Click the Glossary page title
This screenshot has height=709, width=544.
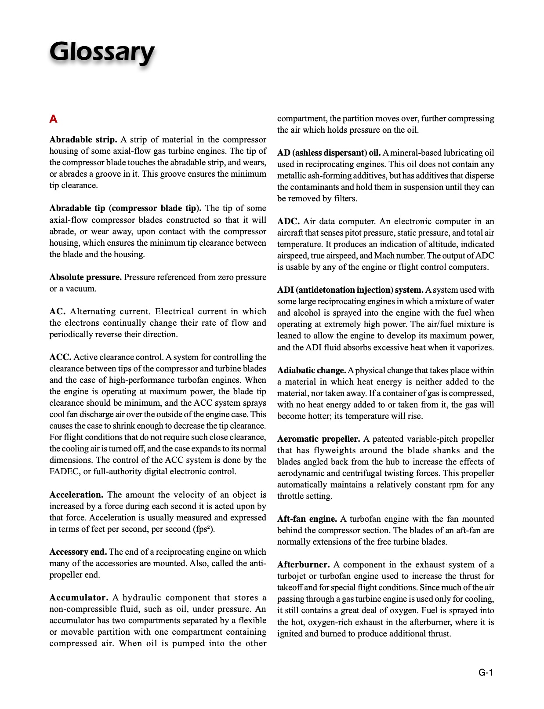coord(102,52)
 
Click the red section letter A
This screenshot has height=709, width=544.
coord(53,119)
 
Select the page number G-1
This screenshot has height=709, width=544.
coord(486,673)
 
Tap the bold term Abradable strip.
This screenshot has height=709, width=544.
coord(83,140)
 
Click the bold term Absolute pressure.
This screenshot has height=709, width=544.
coord(85,277)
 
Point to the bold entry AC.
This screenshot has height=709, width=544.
coord(57,312)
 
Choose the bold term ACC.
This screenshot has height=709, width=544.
coord(60,357)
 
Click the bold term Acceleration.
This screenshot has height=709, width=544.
coord(76,495)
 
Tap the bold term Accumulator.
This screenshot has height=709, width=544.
coord(79,598)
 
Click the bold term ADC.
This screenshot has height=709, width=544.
coord(288,222)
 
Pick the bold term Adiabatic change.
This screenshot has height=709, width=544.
coord(312,371)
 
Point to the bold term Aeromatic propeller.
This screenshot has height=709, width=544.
coord(319,439)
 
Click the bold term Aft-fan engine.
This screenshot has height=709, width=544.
coord(307,519)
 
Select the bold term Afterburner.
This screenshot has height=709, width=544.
coord(303,565)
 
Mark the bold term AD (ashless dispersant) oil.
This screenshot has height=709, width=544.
coord(329,153)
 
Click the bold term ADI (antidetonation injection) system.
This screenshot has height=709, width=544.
coord(350,290)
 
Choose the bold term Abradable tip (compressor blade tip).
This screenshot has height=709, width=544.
coord(125,208)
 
